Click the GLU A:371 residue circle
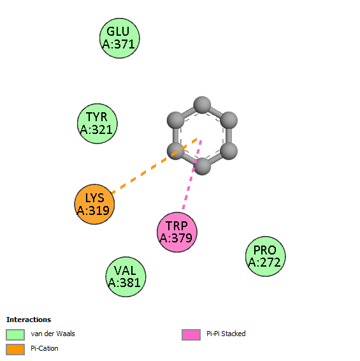tap(120, 38)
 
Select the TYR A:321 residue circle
tap(97, 124)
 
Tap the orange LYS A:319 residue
tap(94, 204)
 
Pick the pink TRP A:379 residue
tap(177, 232)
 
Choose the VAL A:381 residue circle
tap(126, 277)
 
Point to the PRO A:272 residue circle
tap(266, 256)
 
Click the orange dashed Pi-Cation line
tap(154, 166)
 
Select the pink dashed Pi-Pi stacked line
tap(192, 175)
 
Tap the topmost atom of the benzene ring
tap(202, 105)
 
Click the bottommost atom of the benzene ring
tap(202, 166)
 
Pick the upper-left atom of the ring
tap(175, 121)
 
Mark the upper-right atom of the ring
tap(229, 121)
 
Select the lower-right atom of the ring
tap(229, 151)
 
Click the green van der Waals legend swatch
tap(15, 335)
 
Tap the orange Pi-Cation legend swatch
tap(15, 350)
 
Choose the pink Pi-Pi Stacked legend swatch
tap(191, 335)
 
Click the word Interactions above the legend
tap(29, 320)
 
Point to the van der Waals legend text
tap(53, 334)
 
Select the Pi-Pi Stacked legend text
tap(226, 334)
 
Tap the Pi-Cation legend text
tap(45, 349)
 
